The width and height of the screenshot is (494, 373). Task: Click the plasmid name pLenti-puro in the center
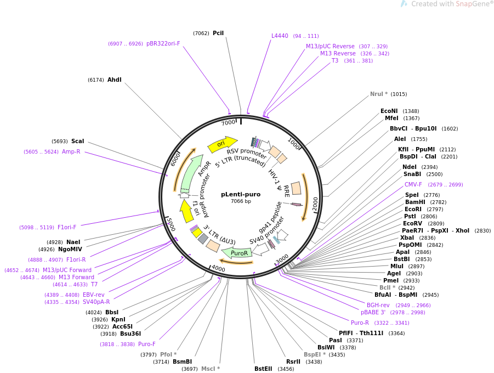click(x=241, y=194)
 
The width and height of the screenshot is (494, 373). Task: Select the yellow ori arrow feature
click(x=222, y=144)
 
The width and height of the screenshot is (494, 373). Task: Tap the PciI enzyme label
click(x=218, y=33)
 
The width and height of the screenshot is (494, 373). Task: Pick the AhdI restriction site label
click(x=114, y=80)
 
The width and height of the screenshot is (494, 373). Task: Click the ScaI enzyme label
click(x=77, y=141)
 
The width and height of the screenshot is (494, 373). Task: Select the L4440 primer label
click(x=280, y=36)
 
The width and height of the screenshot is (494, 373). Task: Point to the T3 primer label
click(x=335, y=60)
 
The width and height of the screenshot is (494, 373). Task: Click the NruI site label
click(x=378, y=94)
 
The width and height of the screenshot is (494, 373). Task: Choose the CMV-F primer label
click(x=413, y=184)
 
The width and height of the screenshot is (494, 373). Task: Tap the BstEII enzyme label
click(x=263, y=369)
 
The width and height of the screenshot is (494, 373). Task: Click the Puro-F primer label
click(x=146, y=344)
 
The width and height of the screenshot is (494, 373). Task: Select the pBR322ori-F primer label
click(x=163, y=43)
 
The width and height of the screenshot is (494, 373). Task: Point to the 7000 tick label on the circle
click(x=228, y=122)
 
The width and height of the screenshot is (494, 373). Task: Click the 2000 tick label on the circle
click(x=315, y=203)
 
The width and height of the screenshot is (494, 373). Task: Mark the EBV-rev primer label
click(x=93, y=295)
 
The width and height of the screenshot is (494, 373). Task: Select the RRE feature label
click(x=286, y=191)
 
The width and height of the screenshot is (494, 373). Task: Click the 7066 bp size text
click(x=241, y=201)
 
